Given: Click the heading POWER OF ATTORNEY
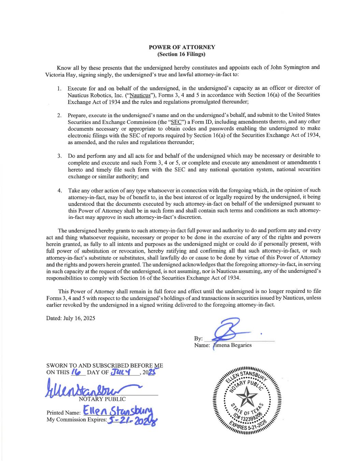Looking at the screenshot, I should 182,47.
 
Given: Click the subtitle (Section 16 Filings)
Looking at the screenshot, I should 182,54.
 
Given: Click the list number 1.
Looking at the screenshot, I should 59,89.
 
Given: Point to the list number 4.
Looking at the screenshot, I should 59,190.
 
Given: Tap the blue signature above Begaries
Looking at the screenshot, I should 229,331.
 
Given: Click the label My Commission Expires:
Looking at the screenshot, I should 76,420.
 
